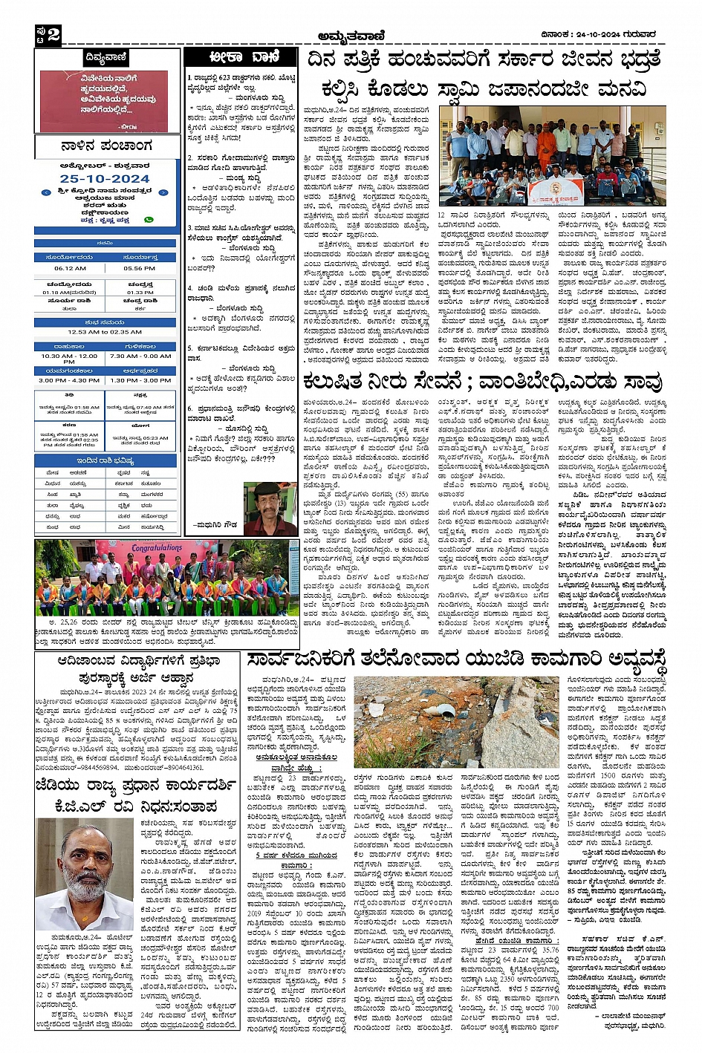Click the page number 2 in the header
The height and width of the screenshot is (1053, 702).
[x=53, y=35]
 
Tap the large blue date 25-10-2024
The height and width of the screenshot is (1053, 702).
[x=105, y=179]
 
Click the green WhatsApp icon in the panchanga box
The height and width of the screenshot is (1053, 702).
[x=149, y=220]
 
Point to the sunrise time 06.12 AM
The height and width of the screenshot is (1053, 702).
[x=70, y=269]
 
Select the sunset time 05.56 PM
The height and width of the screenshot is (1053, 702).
[x=140, y=269]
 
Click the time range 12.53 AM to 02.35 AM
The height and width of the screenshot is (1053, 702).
[x=105, y=332]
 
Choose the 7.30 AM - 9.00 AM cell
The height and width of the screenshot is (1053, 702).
[x=140, y=356]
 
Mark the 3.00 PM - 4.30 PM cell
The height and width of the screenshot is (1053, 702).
[x=70, y=380]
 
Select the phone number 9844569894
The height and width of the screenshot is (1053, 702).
[x=94, y=767]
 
